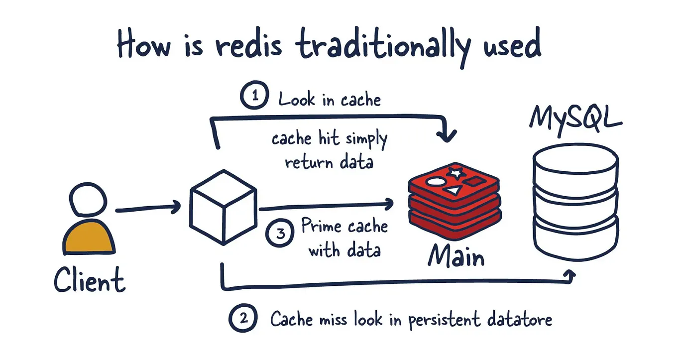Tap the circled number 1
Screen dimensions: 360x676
(x=255, y=96)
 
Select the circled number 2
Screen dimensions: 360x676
(x=243, y=318)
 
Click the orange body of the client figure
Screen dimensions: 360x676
(x=89, y=238)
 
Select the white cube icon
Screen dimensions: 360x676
(x=224, y=206)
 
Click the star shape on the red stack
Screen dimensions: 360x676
(x=455, y=173)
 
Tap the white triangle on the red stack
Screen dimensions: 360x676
(x=453, y=190)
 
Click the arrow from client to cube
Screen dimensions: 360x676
(x=147, y=208)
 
